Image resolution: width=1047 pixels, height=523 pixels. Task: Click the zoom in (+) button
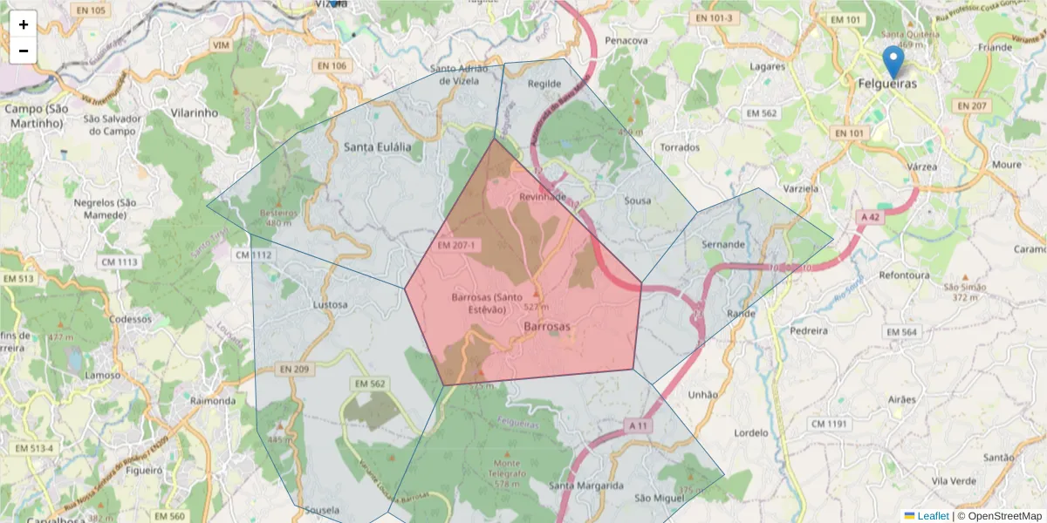click(24, 24)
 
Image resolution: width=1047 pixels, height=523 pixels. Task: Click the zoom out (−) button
click(24, 51)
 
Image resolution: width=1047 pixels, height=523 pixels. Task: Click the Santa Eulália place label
click(377, 146)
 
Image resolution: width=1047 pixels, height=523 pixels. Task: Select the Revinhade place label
click(543, 197)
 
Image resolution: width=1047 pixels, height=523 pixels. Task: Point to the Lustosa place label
click(330, 305)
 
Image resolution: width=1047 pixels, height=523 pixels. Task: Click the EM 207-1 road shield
click(456, 245)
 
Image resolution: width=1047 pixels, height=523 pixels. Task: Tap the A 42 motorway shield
click(870, 217)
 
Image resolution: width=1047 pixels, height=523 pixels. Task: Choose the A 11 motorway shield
click(639, 425)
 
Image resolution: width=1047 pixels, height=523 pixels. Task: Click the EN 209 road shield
click(296, 370)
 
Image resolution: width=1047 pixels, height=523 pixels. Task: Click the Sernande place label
click(724, 244)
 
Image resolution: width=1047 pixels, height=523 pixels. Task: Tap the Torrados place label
click(680, 147)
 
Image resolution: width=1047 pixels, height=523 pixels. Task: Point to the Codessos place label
click(131, 319)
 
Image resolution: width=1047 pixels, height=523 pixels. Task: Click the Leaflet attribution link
click(933, 516)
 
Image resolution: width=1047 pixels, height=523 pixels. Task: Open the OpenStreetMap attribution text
click(999, 516)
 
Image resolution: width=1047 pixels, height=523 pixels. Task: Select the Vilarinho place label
click(195, 113)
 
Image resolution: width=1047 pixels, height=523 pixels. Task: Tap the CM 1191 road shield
click(829, 424)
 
